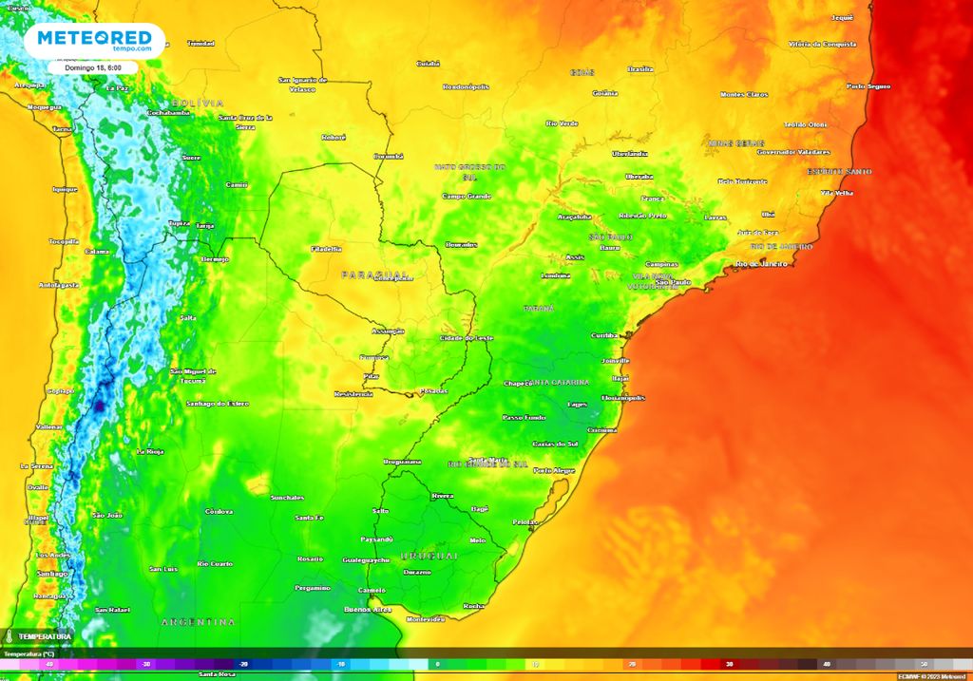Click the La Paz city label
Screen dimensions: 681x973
pos(116,88)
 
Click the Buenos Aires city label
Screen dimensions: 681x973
pos(368,609)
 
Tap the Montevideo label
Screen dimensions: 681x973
pos(425,618)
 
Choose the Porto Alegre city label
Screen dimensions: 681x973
pos(554,470)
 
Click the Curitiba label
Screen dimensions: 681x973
pos(604,335)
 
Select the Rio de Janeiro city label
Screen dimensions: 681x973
pos(762,263)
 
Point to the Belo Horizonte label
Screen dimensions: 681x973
pos(742,180)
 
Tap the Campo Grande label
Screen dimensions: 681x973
pos(466,196)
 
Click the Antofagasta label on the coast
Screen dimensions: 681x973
pos(57,285)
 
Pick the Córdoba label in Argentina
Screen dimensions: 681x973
pos(219,511)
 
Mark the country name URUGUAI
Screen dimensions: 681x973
pos(429,555)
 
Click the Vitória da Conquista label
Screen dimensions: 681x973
pos(822,44)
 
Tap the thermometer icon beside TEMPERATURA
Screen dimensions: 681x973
pos(8,636)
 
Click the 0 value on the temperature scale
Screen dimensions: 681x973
pos(437,664)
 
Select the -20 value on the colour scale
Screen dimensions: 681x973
pos(244,664)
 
